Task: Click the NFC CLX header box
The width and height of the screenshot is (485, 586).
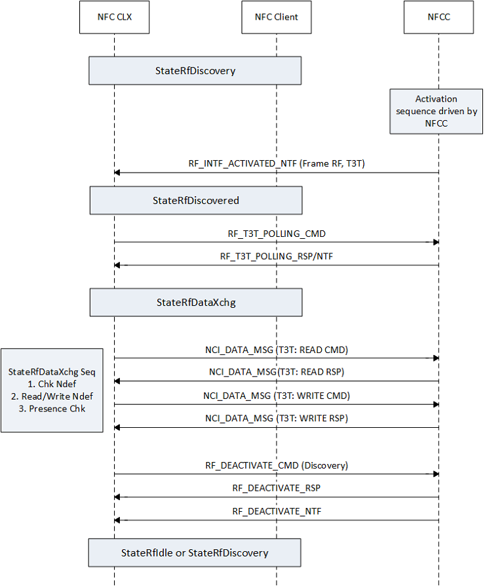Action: (x=114, y=17)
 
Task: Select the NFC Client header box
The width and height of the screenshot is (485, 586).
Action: (x=276, y=17)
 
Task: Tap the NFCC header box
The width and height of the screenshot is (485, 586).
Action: (x=438, y=17)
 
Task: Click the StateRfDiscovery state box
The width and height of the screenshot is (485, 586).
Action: (x=195, y=71)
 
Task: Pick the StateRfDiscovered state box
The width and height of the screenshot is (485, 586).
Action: (x=196, y=200)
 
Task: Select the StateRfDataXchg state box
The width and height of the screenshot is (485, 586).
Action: (x=196, y=303)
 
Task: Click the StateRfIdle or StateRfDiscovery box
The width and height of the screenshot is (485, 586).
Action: (x=195, y=553)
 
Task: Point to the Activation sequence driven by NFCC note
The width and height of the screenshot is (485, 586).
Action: (x=436, y=111)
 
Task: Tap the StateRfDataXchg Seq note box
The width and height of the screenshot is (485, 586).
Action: (x=52, y=390)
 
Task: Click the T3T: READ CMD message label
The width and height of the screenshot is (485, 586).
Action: (x=276, y=350)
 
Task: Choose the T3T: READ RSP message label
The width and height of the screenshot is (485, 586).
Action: (x=276, y=372)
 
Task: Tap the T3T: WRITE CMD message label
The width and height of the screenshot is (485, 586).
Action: (x=276, y=396)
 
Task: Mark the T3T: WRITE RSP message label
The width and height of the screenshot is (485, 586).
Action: (x=276, y=419)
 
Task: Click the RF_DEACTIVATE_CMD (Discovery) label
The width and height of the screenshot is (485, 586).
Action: (x=276, y=465)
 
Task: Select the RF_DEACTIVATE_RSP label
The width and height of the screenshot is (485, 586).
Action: (x=276, y=488)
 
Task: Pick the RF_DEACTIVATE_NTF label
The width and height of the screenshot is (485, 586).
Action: (x=276, y=511)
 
